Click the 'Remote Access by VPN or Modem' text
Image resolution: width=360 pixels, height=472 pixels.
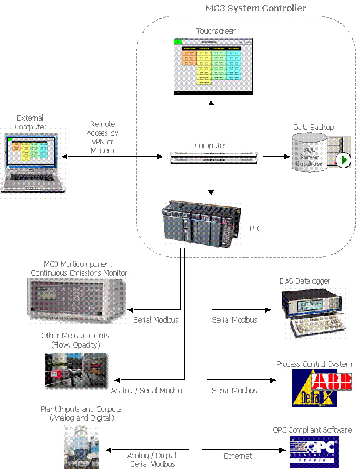[x=103, y=138]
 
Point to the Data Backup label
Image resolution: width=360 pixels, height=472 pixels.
[x=313, y=128]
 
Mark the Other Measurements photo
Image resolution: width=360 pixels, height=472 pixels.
[x=75, y=370]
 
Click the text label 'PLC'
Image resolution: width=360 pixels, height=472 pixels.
[x=254, y=229]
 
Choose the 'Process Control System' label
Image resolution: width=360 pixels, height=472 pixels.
[x=314, y=364]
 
